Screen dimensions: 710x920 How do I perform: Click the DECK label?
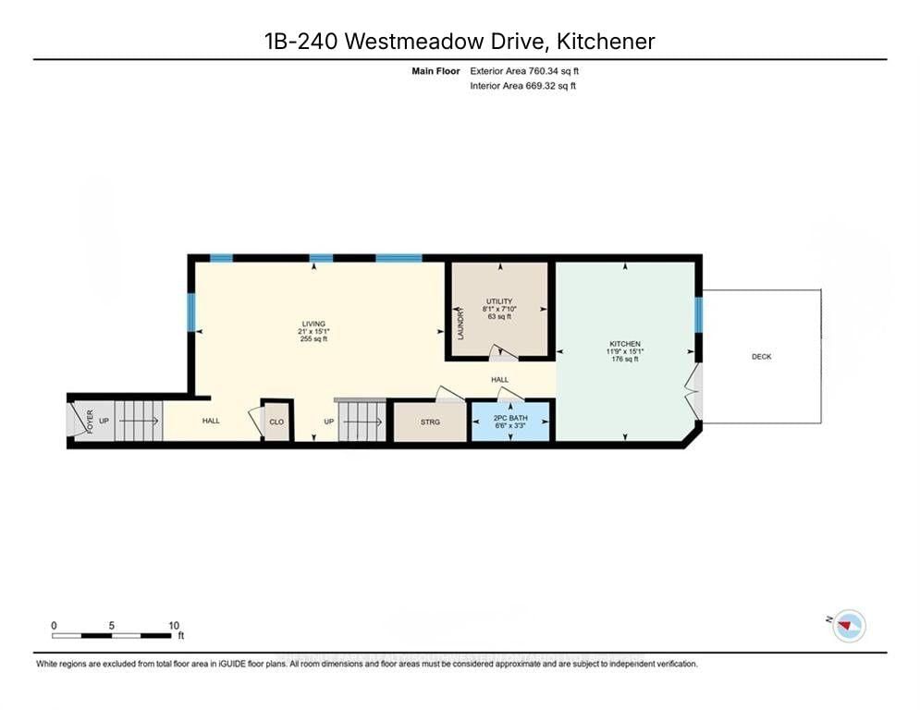coord(761,357)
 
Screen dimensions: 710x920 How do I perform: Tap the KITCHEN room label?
coord(625,344)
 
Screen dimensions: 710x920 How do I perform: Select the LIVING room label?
coord(313,324)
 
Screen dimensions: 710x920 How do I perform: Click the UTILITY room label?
coord(499,302)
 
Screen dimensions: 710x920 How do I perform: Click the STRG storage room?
coord(430,422)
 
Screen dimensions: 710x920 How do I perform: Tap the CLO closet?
coord(276,422)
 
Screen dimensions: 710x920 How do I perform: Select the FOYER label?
coord(91,421)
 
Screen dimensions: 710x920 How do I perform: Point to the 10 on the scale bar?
coord(174,625)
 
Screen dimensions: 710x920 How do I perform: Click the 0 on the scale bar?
coord(55,625)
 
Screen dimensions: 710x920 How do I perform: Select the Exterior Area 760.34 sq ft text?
coord(525,70)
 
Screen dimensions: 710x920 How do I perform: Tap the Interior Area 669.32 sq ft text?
coord(523,86)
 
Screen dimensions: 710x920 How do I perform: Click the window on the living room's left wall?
coord(191,312)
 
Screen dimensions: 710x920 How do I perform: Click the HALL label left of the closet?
coord(211,422)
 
